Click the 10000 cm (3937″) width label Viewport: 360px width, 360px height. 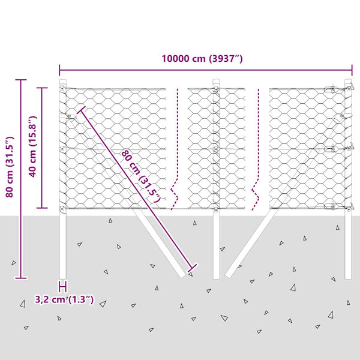point(202,59)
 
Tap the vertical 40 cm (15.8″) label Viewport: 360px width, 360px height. point(32,147)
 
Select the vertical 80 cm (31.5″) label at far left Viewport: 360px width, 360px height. point(10,167)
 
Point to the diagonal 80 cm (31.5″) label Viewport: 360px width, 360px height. point(141,176)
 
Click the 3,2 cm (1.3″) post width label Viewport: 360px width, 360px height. point(64,299)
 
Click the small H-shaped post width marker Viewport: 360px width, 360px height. point(63,287)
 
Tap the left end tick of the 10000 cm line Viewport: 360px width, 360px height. point(59,70)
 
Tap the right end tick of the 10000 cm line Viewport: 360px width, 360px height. point(352,70)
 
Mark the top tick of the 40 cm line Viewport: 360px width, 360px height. point(42,88)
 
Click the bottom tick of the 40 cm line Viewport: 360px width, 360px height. point(42,208)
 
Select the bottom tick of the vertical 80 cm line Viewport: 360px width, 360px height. point(21,278)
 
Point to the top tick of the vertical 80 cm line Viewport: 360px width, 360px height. point(21,80)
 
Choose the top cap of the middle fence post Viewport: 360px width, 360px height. point(216,81)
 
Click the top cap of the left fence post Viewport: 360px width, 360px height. point(62,81)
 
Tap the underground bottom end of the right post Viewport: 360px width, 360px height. point(348,277)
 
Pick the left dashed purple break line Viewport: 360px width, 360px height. point(175,149)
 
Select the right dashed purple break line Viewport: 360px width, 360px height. point(256,149)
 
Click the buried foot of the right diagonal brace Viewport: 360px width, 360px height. point(228,274)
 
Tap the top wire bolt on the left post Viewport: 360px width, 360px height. point(62,88)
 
